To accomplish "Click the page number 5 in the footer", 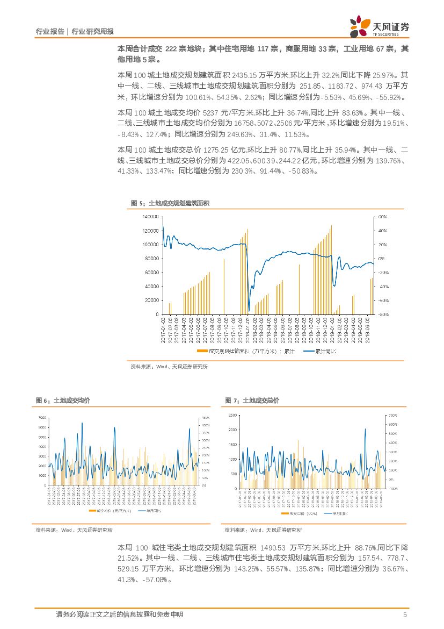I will click(404, 614).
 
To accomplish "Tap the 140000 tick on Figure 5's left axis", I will click(150, 217).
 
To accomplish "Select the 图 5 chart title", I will click(170, 203).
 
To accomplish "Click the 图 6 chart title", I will click(63, 401).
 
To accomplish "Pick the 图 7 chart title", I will click(252, 401).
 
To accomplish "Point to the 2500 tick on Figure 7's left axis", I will click(232, 416).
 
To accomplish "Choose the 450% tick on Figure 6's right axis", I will click(205, 418).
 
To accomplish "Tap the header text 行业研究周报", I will click(92, 32).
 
